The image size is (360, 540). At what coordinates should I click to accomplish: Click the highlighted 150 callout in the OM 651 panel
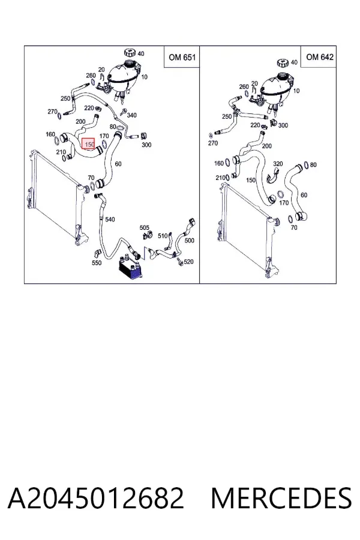pos(88,144)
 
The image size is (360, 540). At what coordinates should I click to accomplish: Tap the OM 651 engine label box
pos(182,57)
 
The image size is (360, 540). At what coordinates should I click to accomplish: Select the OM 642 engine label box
pos(319,57)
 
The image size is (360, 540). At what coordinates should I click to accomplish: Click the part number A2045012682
pos(96,498)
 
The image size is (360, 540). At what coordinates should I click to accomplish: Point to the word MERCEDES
pos(281,498)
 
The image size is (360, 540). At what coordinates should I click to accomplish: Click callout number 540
pos(110,220)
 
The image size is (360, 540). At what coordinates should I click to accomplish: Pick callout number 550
pos(97,263)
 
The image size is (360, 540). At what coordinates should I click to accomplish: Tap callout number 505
pos(145,227)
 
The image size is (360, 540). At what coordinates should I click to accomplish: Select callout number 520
pos(188,262)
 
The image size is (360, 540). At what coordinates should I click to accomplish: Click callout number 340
pos(131,115)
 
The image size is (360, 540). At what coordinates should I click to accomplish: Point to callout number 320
pos(278,164)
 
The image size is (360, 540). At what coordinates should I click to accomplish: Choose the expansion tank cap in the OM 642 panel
pos(283,63)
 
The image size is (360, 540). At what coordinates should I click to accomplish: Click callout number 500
pos(189,241)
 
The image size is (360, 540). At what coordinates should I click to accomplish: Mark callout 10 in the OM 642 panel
pos(296,91)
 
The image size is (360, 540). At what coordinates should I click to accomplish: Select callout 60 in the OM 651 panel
pos(118,164)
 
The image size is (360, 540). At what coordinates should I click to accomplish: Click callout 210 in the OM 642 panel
pos(220,178)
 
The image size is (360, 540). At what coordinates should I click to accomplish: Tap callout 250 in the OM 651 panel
pos(65,98)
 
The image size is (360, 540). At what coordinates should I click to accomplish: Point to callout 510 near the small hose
pos(163,236)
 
